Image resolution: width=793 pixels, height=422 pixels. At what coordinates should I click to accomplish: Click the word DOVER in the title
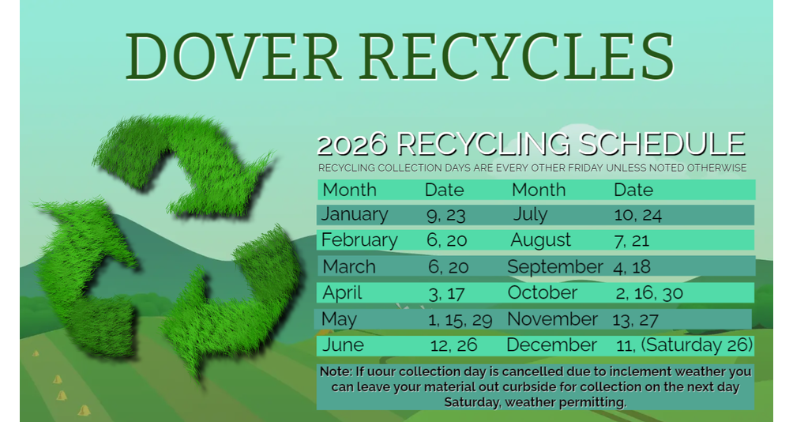[233, 56]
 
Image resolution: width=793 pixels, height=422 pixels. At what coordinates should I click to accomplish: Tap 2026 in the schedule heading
[352, 144]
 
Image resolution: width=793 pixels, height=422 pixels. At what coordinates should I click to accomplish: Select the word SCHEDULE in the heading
[662, 144]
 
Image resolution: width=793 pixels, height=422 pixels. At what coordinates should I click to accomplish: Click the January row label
[355, 214]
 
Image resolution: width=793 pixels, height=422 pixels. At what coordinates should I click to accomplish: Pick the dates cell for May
[460, 320]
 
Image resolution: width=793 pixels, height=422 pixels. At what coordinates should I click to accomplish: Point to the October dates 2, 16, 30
[649, 293]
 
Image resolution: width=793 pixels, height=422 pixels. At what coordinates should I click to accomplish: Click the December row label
[551, 345]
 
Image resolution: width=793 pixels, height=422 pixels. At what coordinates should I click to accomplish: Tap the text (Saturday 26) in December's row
[697, 345]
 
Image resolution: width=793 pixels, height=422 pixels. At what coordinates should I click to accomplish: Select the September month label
[554, 266]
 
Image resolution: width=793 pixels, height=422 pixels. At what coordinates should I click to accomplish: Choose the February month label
[359, 239]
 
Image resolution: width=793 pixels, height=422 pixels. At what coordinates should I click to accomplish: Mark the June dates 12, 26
[453, 345]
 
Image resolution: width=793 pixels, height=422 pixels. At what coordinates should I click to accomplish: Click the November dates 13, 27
[635, 320]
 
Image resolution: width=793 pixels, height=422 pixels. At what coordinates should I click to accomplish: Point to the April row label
[342, 293]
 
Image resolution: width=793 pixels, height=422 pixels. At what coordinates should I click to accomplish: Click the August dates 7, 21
[632, 240]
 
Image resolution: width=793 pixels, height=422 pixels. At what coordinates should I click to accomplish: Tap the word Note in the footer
[336, 371]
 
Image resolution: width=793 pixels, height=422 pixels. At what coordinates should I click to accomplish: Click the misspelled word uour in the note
[376, 372]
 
